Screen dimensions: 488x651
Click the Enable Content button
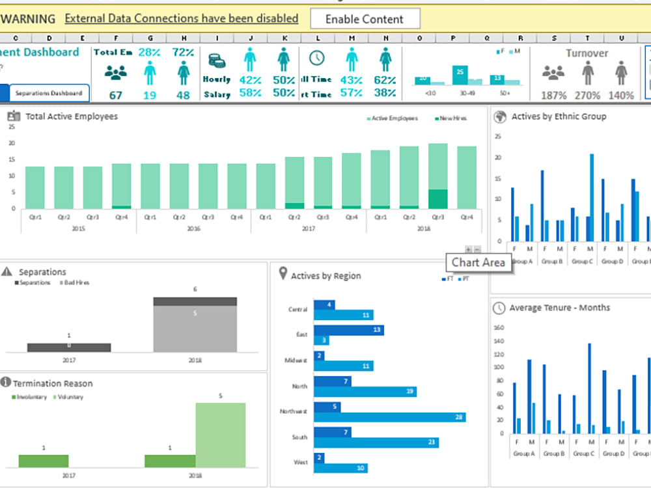(365, 19)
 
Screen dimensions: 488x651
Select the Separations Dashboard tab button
(49, 93)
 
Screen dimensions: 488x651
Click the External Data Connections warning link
(182, 19)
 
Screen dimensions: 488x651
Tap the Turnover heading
(587, 53)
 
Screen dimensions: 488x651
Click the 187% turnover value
(553, 96)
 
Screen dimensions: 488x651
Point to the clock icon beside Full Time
(317, 58)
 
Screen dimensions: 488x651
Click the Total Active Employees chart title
(72, 116)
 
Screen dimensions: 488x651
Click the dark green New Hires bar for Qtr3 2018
(438, 199)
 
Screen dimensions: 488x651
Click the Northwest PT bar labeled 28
(389, 417)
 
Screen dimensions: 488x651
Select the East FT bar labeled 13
(348, 330)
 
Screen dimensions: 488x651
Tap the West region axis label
(301, 462)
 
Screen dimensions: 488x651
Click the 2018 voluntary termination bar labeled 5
(221, 435)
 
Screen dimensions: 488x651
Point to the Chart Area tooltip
(478, 263)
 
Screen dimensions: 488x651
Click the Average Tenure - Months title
(559, 308)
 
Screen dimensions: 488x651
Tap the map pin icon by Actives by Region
(283, 274)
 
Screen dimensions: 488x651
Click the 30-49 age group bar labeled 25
(461, 75)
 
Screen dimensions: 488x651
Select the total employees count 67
(115, 95)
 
